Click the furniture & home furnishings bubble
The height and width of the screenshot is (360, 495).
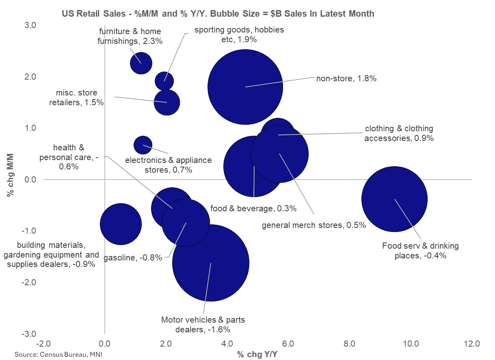[141, 63]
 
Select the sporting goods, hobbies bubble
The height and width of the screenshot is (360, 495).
[164, 80]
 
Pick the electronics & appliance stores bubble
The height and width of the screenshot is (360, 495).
[143, 144]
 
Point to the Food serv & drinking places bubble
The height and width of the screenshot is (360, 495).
[394, 199]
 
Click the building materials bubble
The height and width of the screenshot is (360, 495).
[121, 224]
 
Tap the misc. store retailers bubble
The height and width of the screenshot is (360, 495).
[166, 102]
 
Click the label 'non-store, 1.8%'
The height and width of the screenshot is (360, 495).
[346, 79]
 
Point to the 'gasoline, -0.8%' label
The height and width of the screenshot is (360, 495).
[133, 257]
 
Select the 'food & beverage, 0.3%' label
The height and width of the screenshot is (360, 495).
[253, 208]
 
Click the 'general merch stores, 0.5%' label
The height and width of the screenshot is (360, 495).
[314, 225]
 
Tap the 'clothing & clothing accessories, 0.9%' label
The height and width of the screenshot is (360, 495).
[399, 133]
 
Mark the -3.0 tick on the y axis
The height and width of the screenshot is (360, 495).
[30, 334]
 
